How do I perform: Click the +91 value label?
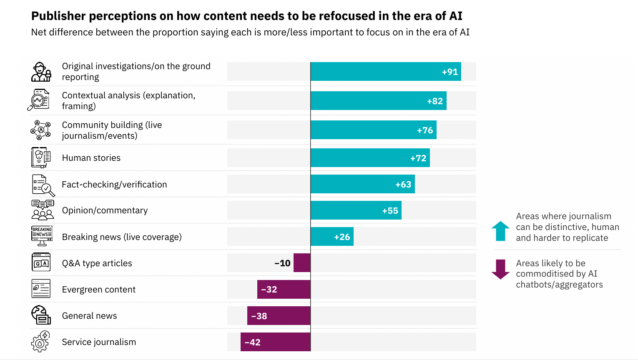450,72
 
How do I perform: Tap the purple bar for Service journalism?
276,342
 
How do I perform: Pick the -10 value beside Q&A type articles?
282,263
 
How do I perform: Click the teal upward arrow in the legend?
500,231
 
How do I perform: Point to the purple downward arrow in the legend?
500,269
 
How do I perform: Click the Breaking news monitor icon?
42,236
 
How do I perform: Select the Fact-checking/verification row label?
114,185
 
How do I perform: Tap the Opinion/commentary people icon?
43,210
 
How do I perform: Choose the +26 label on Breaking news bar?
342,237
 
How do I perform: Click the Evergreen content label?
99,290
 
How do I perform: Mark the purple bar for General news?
279,316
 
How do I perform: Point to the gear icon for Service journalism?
40,342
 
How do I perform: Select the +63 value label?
403,185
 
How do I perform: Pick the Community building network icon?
40,130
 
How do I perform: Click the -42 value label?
253,342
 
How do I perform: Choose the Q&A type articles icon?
41,262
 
